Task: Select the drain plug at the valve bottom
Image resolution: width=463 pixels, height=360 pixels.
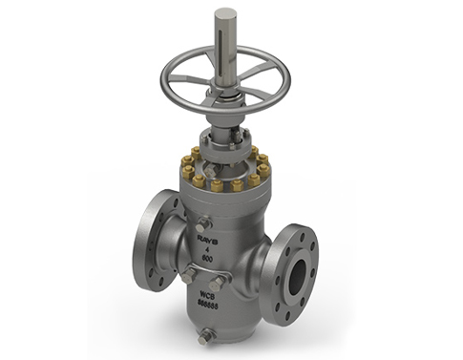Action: click(204, 336)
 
